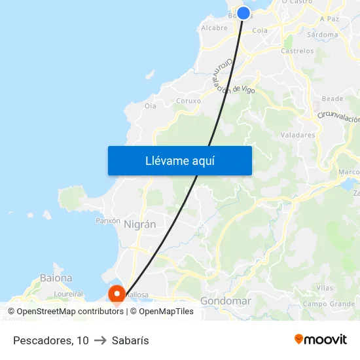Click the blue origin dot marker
tap(243, 13)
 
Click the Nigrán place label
tap(139, 224)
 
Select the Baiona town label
tap(56, 278)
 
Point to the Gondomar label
tap(225, 301)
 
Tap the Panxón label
tap(108, 221)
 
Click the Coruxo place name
tap(189, 101)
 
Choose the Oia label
tap(151, 105)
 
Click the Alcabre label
tap(214, 27)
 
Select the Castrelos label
tap(297, 50)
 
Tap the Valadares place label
tap(297, 135)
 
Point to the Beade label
tap(333, 98)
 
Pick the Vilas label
tap(324, 287)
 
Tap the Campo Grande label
tap(329, 304)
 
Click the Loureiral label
tap(68, 295)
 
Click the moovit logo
tap(321, 339)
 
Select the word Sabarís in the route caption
tap(130, 340)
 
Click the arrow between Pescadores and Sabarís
tap(100, 340)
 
